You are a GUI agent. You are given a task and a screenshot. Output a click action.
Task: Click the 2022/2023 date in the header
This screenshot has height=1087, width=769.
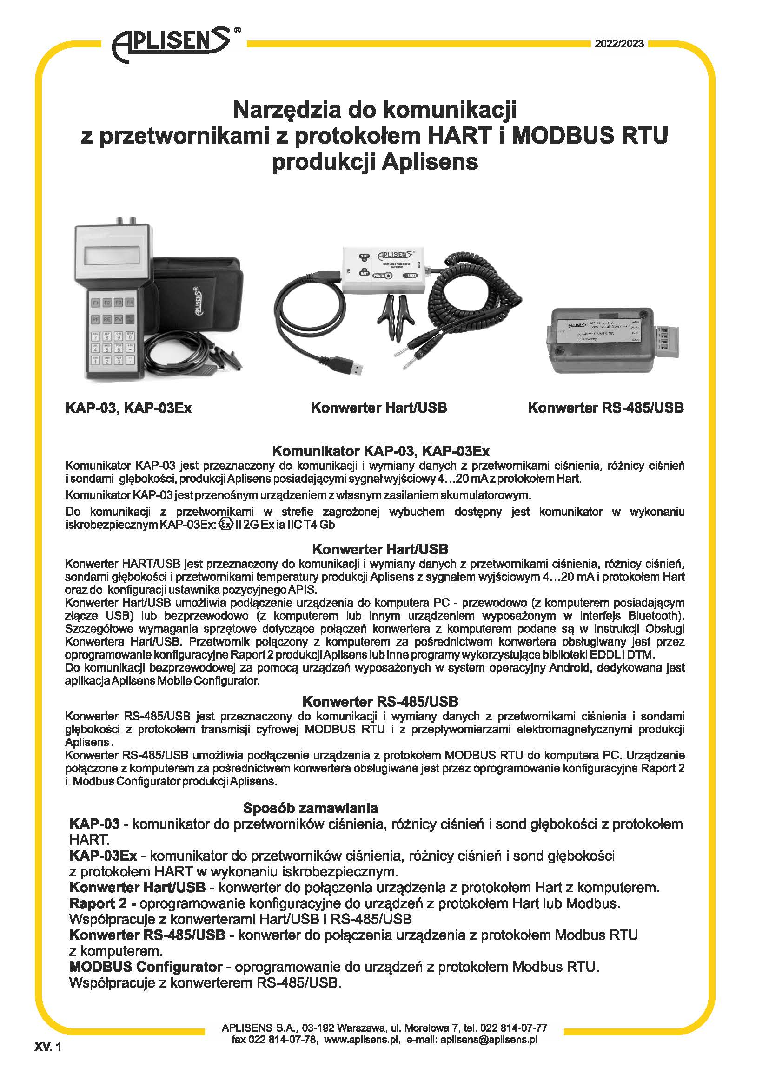(x=619, y=44)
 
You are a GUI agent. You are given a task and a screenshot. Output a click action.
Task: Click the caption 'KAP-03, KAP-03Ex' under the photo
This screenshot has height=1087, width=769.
(x=129, y=408)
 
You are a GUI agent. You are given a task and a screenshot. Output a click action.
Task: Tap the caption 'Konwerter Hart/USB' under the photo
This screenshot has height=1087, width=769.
(x=379, y=408)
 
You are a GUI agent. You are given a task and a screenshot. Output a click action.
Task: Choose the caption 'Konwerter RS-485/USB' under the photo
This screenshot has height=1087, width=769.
(x=605, y=408)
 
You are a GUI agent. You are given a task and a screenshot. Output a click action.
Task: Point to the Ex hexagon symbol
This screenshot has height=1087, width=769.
(x=226, y=525)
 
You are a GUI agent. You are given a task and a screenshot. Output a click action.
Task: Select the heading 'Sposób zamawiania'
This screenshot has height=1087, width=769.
(x=310, y=808)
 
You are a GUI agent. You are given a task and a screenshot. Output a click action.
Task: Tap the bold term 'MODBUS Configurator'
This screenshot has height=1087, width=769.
(x=146, y=966)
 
